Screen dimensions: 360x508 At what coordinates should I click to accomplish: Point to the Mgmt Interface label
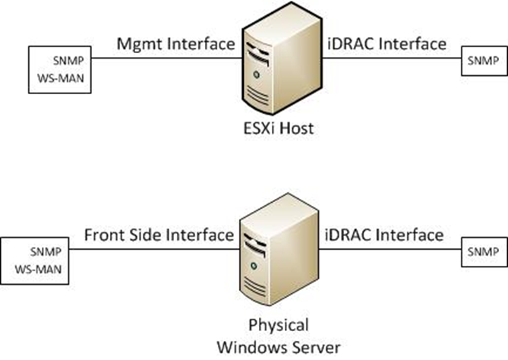(x=175, y=44)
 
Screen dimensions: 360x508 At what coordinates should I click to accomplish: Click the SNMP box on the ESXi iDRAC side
(x=481, y=60)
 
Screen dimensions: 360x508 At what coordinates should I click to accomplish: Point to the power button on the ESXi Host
(x=257, y=75)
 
